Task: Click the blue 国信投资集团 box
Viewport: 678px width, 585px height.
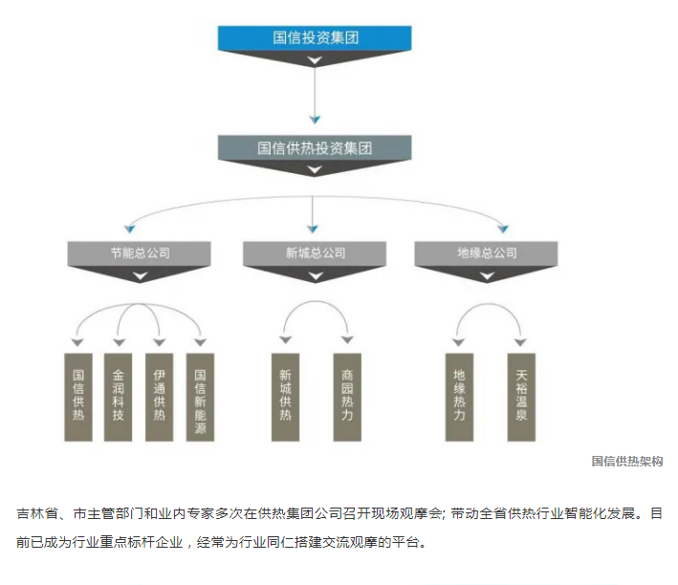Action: point(315,39)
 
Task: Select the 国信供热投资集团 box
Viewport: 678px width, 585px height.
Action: point(315,147)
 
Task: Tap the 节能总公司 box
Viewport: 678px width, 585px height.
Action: point(140,253)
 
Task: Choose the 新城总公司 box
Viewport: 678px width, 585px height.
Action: point(315,253)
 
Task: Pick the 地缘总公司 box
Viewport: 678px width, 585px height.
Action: point(487,253)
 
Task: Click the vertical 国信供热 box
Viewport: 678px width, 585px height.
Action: point(77,396)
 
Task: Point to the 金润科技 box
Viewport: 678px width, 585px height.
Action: point(119,396)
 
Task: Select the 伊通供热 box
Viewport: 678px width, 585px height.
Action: point(159,396)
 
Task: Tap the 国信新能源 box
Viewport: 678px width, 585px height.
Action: point(200,396)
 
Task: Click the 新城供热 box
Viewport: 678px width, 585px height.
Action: point(285,396)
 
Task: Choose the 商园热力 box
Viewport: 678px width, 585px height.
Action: point(347,396)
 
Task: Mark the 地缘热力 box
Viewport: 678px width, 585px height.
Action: point(459,396)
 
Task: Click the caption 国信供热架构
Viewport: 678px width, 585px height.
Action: point(627,462)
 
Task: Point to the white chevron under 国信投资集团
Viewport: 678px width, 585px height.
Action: point(315,60)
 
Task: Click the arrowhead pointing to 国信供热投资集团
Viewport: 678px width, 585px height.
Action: point(315,119)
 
